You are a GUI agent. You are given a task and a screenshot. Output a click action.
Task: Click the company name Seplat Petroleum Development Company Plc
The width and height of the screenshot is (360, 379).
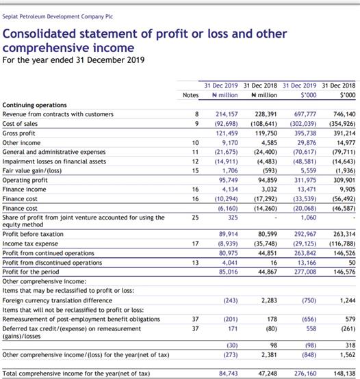click(x=57, y=16)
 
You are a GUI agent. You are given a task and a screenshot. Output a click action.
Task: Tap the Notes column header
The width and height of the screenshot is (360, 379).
click(x=190, y=95)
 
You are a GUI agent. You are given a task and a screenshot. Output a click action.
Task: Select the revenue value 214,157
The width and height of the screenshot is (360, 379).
click(x=227, y=114)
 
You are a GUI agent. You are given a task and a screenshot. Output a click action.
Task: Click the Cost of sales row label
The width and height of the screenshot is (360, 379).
click(x=20, y=124)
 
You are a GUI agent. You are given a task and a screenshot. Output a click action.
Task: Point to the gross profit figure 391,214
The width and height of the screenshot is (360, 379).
click(x=344, y=133)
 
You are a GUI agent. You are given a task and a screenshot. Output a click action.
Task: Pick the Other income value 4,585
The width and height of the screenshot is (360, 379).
click(x=269, y=143)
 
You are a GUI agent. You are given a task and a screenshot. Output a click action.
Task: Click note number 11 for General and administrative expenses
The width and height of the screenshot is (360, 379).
click(x=195, y=152)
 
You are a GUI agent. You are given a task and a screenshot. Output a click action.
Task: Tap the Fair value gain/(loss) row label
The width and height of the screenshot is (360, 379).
click(x=32, y=171)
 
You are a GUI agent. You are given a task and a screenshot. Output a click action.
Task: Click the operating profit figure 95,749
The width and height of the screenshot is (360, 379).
click(x=228, y=180)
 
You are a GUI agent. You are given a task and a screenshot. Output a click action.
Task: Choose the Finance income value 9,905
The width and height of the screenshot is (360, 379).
click(x=348, y=189)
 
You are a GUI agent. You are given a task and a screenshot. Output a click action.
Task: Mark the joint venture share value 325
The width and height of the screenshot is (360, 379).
click(x=233, y=218)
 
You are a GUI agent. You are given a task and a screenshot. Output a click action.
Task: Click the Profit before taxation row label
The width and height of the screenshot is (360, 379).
click(x=33, y=234)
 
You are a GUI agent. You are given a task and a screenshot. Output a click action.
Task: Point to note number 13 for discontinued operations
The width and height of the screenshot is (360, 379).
click(x=195, y=263)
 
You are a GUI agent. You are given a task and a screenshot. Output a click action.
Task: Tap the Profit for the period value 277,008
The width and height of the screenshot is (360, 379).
click(x=305, y=272)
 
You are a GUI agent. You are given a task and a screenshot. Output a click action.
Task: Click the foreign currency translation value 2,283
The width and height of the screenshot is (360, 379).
click(x=269, y=300)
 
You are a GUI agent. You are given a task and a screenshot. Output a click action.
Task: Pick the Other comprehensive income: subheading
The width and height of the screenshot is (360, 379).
click(x=44, y=282)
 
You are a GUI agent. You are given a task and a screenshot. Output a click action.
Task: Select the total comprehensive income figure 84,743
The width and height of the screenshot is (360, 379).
click(x=228, y=374)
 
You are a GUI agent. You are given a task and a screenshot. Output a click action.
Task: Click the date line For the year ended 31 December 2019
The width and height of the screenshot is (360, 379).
click(x=73, y=60)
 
